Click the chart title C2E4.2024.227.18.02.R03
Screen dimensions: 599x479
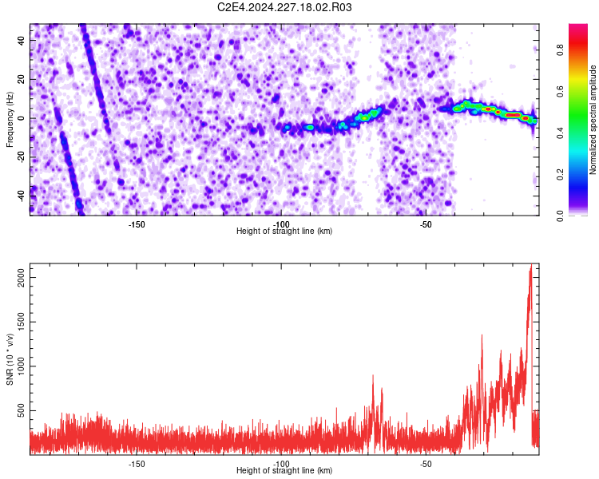pyautogui.click(x=284, y=7)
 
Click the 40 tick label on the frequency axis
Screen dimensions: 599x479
pyautogui.click(x=22, y=40)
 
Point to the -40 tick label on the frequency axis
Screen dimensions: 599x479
pyautogui.click(x=22, y=196)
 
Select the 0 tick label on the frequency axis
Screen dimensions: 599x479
pyautogui.click(x=22, y=118)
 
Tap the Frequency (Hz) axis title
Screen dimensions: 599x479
pyautogui.click(x=10, y=119)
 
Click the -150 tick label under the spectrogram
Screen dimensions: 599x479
pyautogui.click(x=137, y=224)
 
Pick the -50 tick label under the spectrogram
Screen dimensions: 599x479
pyautogui.click(x=426, y=224)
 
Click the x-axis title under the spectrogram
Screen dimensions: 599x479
pyautogui.click(x=284, y=231)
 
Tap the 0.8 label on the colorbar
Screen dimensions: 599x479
pyautogui.click(x=560, y=49)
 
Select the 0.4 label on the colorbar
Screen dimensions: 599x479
pyautogui.click(x=560, y=133)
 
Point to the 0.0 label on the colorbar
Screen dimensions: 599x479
pyautogui.click(x=560, y=216)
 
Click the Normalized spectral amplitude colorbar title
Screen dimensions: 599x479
pyautogui.click(x=593, y=119)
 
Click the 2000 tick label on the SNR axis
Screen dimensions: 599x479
pyautogui.click(x=22, y=277)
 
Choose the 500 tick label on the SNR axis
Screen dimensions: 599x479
pyautogui.click(x=22, y=410)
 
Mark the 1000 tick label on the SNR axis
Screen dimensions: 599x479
pyautogui.click(x=22, y=366)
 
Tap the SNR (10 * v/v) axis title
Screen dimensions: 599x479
pyautogui.click(x=10, y=359)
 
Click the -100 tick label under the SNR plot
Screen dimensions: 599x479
pyautogui.click(x=281, y=464)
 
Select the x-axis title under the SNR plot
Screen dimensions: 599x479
pyautogui.click(x=284, y=470)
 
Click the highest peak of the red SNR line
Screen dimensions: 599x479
pyautogui.click(x=531, y=264)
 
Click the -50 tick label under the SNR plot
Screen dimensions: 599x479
pyautogui.click(x=426, y=464)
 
